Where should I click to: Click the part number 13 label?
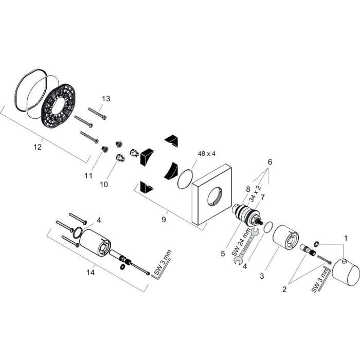(x=106, y=99)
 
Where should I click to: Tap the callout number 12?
(x=38, y=147)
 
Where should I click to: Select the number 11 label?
(x=88, y=176)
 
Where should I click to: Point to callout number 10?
(x=104, y=184)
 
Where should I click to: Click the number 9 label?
(x=164, y=220)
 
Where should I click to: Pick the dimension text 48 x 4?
(x=207, y=154)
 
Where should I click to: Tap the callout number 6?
(x=270, y=162)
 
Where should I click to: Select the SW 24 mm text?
(x=240, y=242)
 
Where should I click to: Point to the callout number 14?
(x=91, y=273)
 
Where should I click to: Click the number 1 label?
(x=346, y=238)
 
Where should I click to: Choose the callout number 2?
(x=284, y=289)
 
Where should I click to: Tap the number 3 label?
(x=262, y=276)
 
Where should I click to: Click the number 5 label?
(x=223, y=254)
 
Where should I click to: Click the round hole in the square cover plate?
(x=215, y=196)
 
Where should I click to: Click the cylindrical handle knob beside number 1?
(x=346, y=272)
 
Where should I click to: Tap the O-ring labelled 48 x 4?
(x=185, y=179)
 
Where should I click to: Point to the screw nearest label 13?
(x=97, y=114)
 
